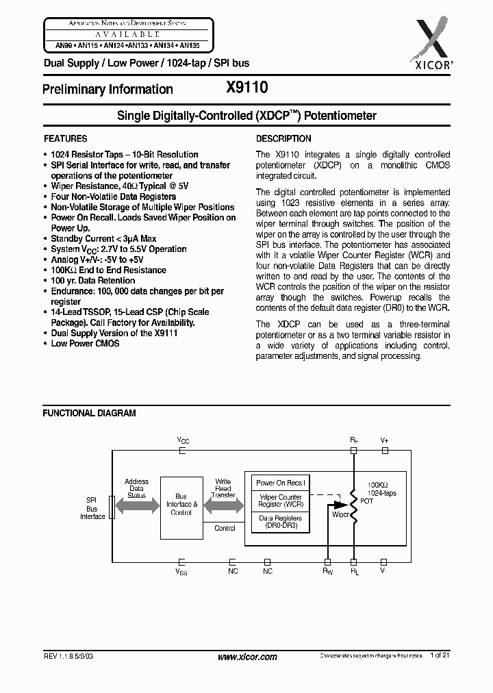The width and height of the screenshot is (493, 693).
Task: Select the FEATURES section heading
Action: (65, 138)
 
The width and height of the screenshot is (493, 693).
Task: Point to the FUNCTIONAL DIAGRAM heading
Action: (89, 413)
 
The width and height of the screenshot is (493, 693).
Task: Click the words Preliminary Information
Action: (108, 89)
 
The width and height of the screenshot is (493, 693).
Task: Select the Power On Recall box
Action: (281, 483)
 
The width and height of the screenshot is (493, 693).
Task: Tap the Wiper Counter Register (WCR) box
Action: (281, 501)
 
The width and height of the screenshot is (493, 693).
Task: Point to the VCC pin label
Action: (183, 440)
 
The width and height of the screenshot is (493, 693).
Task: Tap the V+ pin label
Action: (384, 440)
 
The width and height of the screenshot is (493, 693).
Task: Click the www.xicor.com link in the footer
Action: (246, 657)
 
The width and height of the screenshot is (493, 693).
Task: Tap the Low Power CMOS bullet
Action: (85, 343)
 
